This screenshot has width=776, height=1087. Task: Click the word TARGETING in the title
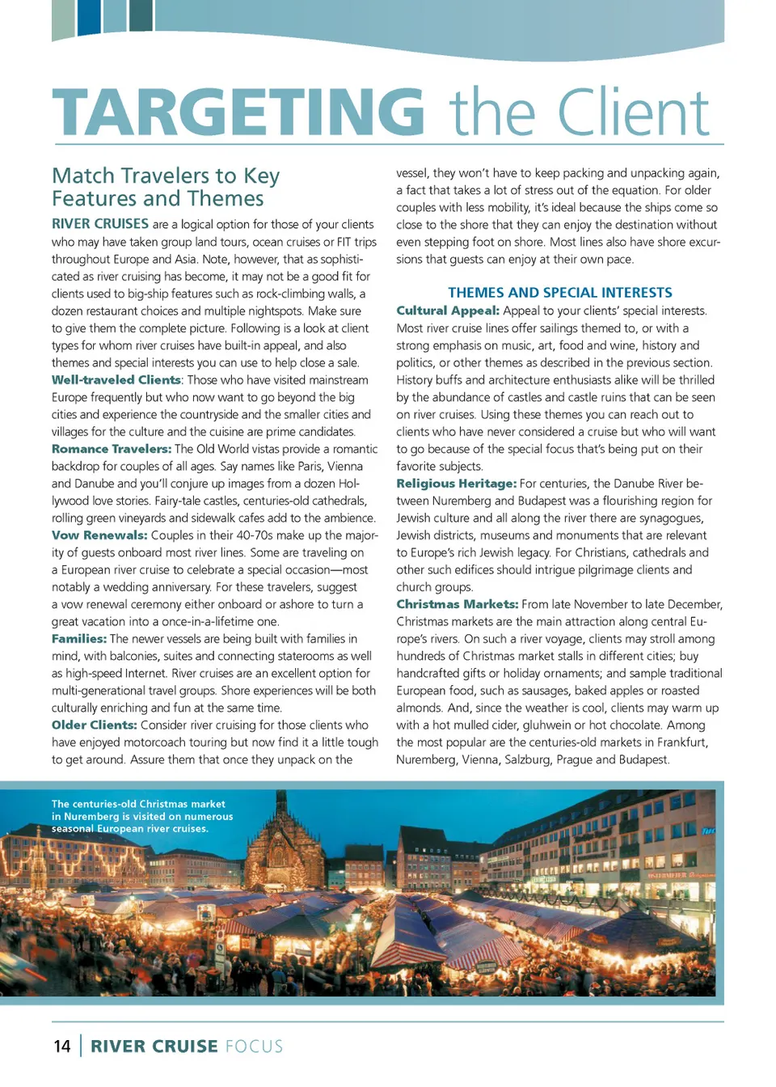[x=238, y=112]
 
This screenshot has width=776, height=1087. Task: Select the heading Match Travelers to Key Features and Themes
[x=166, y=187]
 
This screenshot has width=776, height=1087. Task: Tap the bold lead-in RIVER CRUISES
[x=100, y=224]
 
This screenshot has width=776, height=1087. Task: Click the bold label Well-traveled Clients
[x=116, y=380]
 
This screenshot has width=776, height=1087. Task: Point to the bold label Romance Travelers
[x=112, y=449]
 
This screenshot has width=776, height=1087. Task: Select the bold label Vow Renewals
[x=99, y=535]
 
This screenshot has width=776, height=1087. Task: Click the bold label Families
[x=79, y=639]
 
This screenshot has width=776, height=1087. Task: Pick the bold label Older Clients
[x=95, y=725]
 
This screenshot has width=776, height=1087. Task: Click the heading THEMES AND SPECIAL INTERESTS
[x=560, y=293]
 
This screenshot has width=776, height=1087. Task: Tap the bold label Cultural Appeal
[x=448, y=311]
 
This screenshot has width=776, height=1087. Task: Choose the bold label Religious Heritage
[x=456, y=484]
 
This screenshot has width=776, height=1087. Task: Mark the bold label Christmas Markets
[x=458, y=604]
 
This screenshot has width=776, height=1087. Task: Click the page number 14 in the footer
[x=62, y=1047]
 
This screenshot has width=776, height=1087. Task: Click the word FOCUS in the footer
[x=255, y=1047]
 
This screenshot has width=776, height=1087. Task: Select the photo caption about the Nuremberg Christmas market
[x=142, y=816]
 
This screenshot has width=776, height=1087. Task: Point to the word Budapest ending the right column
[x=643, y=759]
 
